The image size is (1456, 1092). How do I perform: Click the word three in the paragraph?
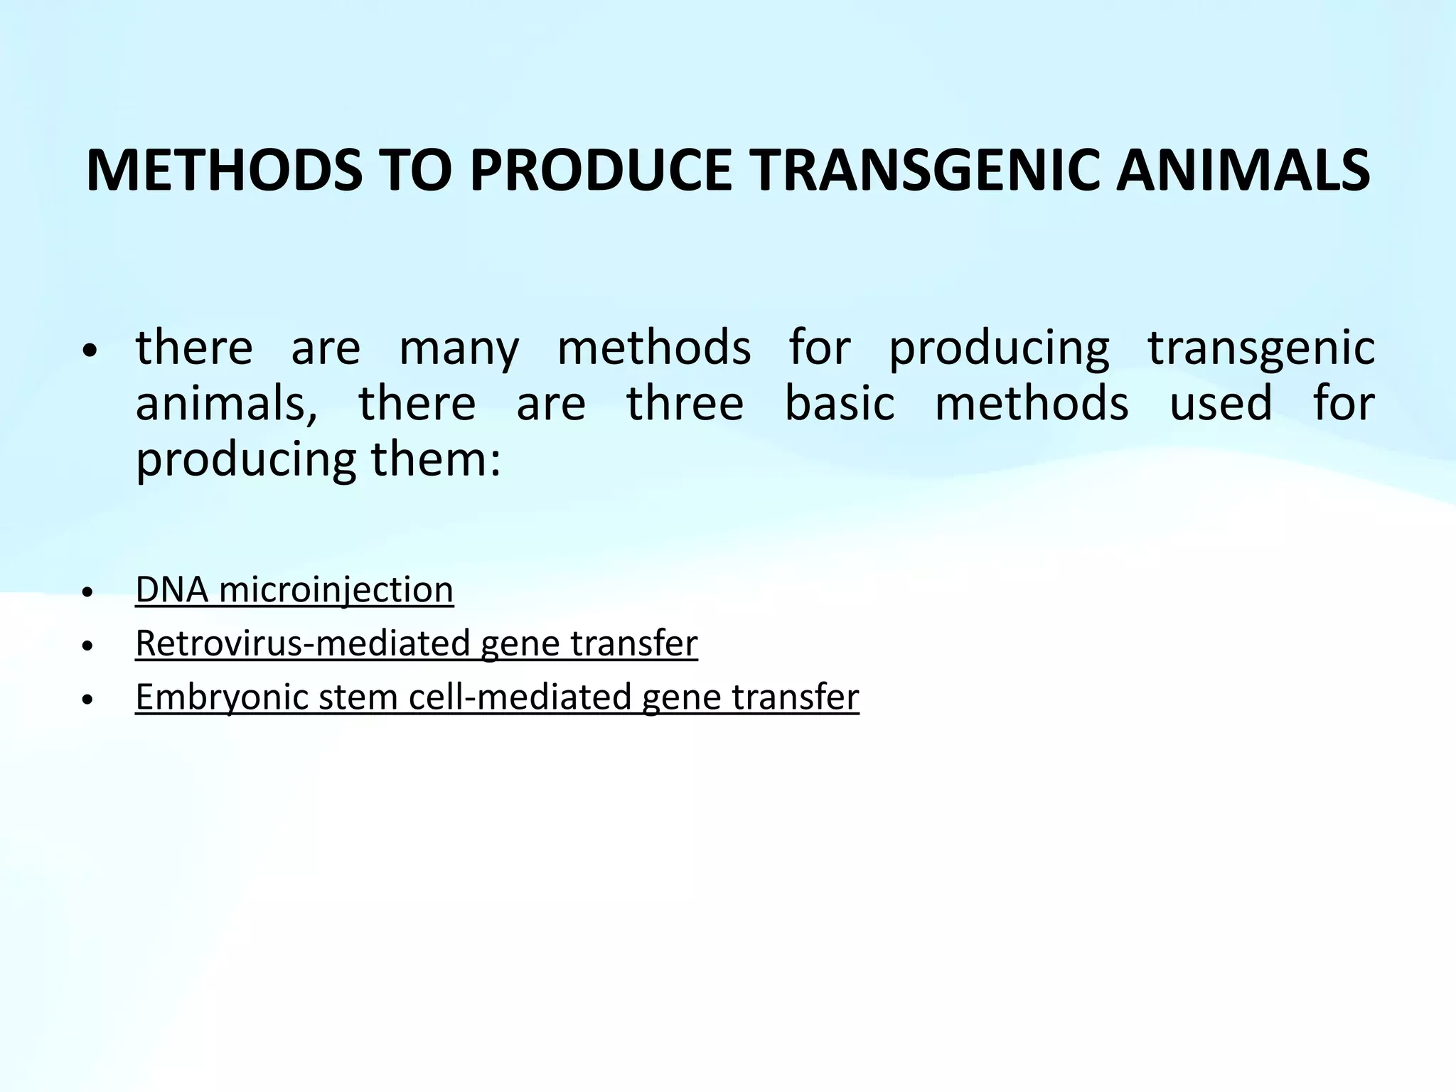coord(685,404)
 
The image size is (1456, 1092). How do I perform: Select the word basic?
coord(840,404)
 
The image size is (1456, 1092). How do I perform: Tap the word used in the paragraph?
coord(1221,404)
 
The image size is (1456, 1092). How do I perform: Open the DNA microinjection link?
coord(294,590)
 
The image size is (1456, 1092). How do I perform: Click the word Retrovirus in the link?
coord(223,643)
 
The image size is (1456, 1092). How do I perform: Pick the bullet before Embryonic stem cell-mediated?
coord(87,700)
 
